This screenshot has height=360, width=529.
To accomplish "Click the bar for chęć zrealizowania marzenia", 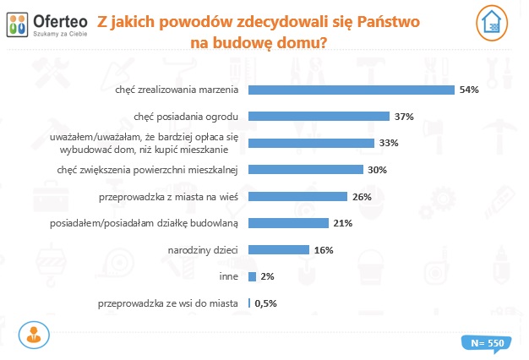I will pos(351,89).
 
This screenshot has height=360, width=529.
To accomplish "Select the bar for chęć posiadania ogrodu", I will pos(319,116).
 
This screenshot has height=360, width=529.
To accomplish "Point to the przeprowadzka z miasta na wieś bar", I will pos(297,196).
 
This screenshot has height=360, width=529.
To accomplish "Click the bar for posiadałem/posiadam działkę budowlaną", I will pos(288,223).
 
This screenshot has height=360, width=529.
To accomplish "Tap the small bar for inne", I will pos(252,276).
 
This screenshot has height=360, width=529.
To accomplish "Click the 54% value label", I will pos(469,89).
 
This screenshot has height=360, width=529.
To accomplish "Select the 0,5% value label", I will pos(266,303).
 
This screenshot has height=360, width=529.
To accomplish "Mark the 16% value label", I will pos(324,250).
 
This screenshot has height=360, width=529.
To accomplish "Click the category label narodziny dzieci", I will pos(207,250).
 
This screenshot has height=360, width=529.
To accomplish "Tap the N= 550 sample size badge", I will pos(484,343).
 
